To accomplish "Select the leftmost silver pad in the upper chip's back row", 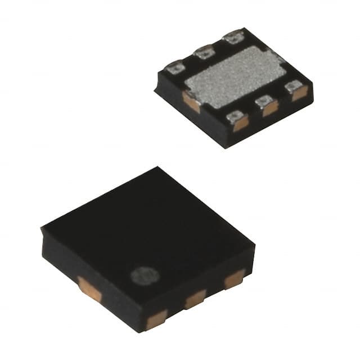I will (175, 67).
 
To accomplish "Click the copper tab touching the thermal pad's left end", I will (191, 102).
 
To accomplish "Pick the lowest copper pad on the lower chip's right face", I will (157, 319).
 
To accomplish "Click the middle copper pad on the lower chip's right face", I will (195, 298).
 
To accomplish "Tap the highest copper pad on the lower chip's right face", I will (234, 278).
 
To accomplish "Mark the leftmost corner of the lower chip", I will (42, 228).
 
